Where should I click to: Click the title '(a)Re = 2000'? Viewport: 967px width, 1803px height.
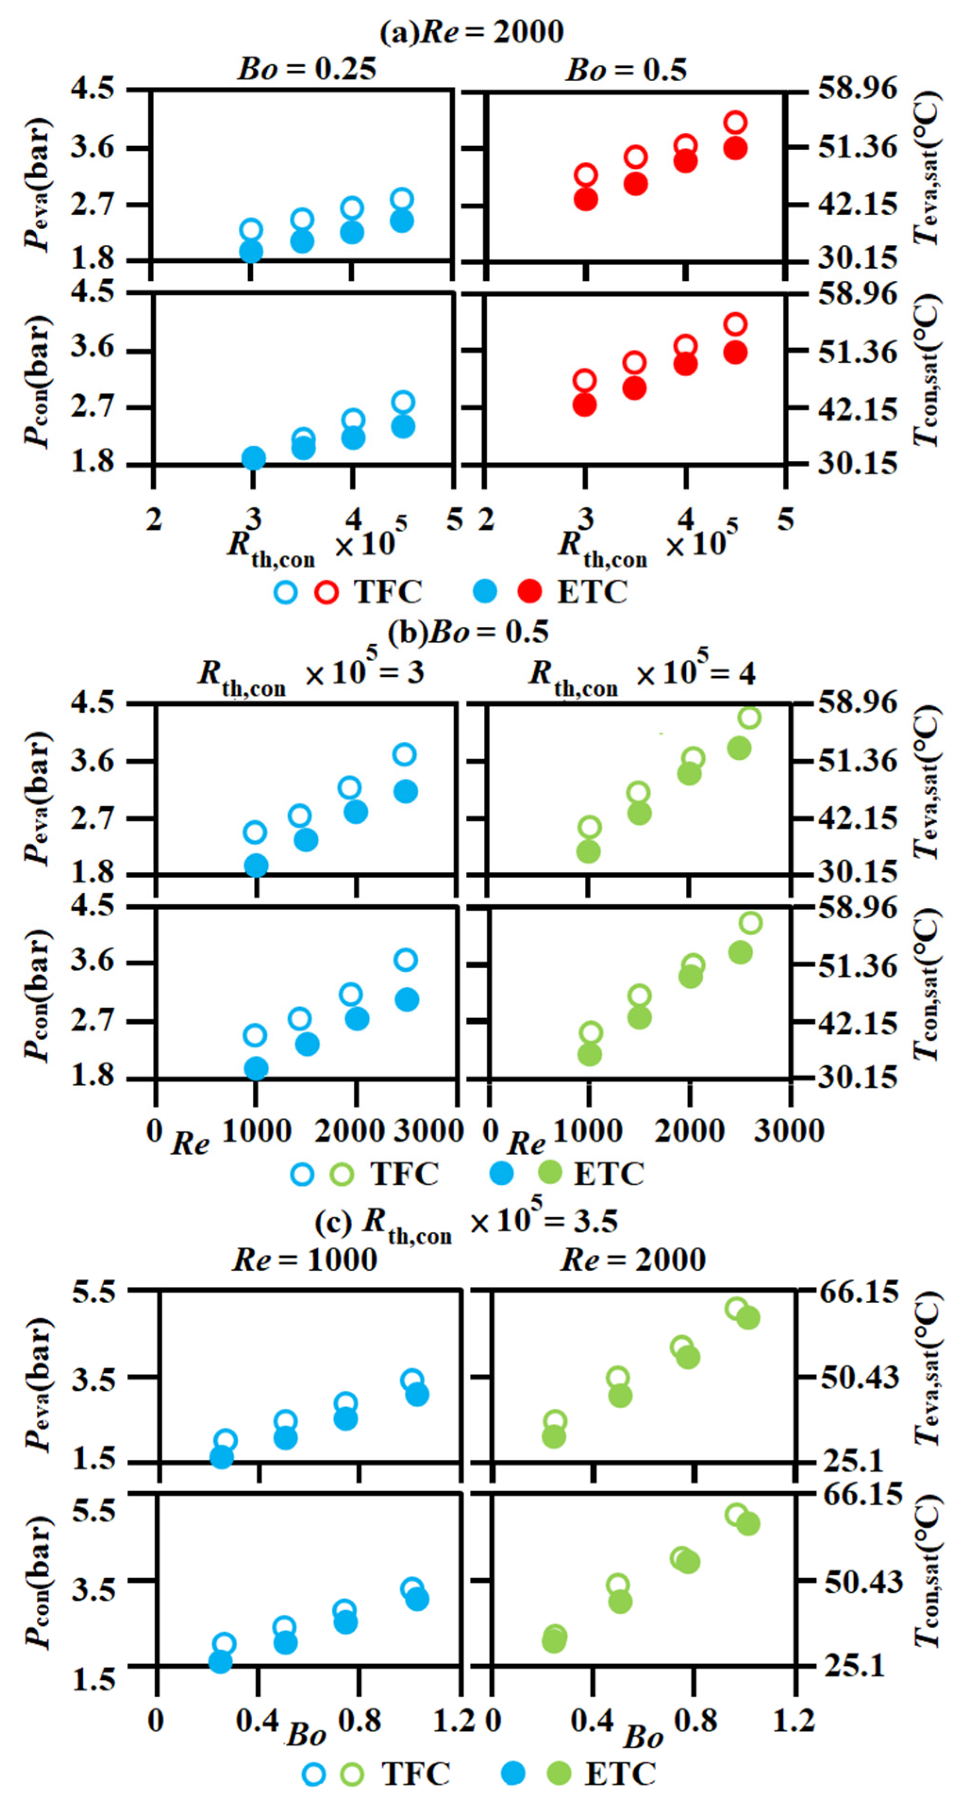pos(471,32)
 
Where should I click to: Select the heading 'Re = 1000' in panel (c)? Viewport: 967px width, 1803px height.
pos(305,1260)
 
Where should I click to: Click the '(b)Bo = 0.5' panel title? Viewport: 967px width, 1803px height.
pos(468,631)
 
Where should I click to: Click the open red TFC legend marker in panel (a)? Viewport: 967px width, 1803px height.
pos(326,592)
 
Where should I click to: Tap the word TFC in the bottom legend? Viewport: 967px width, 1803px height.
pos(415,1773)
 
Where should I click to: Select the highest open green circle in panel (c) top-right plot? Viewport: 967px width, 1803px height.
pos(736,1309)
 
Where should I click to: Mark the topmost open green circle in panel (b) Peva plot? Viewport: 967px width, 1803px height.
pos(749,717)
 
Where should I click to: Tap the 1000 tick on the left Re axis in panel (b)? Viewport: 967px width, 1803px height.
pos(256,1131)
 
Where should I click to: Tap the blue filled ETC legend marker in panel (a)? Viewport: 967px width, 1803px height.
pos(484,592)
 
